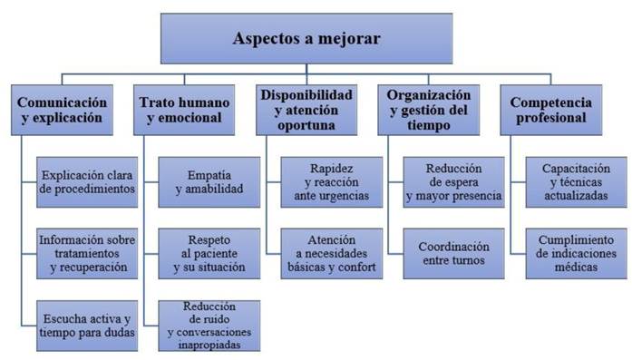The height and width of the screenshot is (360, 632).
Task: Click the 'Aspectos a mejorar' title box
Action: [x=306, y=39]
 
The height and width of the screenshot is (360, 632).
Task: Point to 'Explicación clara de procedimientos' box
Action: [x=87, y=182]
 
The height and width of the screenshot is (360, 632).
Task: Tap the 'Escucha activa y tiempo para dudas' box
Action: [x=87, y=325]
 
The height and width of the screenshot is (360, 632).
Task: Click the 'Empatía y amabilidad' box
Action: [x=209, y=182]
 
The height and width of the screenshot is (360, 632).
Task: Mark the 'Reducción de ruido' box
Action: [x=209, y=325]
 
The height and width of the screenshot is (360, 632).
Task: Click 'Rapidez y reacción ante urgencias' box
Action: [x=330, y=182]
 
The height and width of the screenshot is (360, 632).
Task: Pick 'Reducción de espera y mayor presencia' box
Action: [x=453, y=182]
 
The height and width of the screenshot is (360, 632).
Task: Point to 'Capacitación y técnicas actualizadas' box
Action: [x=576, y=182]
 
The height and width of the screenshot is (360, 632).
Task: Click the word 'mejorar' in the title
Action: [x=350, y=39]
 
